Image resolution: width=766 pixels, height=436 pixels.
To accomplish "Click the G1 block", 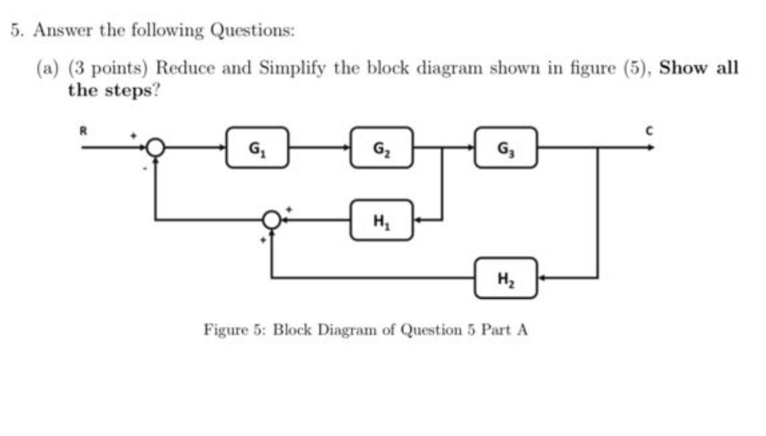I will pos(257,147).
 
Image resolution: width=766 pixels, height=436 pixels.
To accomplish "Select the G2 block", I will pos(381,147).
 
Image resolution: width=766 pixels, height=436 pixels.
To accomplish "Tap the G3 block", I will pos(506,147).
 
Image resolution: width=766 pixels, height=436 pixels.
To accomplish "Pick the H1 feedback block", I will pos(381,220).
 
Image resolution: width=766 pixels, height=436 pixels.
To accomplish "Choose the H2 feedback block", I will pos(506,278).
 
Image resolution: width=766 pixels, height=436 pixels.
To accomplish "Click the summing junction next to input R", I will pos(156,147).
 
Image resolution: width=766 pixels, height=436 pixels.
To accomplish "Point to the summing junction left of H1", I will pos(272,220).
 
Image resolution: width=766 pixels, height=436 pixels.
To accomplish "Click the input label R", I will pos(85,127).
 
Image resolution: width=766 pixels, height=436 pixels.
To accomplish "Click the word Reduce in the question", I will pos(186,67).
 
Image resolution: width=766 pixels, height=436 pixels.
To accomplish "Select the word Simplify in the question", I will pos(291,67).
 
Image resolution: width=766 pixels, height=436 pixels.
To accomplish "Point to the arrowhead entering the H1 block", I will pos(418,220).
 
